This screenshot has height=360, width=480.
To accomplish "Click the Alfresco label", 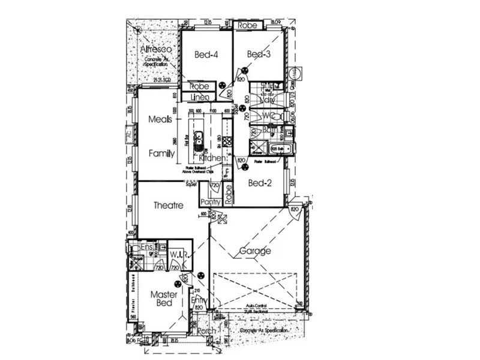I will tap(157, 49).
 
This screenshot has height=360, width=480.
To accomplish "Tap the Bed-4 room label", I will tap(206, 55).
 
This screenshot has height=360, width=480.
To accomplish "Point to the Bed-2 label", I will tap(261, 184).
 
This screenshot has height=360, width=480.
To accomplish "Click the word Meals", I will tap(161, 120).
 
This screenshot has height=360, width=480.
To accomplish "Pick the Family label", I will tap(161, 154).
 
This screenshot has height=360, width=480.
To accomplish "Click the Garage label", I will tap(255, 251).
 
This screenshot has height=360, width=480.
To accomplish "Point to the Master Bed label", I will tap(161, 299).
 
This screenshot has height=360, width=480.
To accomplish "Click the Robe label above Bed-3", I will tap(247, 26).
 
